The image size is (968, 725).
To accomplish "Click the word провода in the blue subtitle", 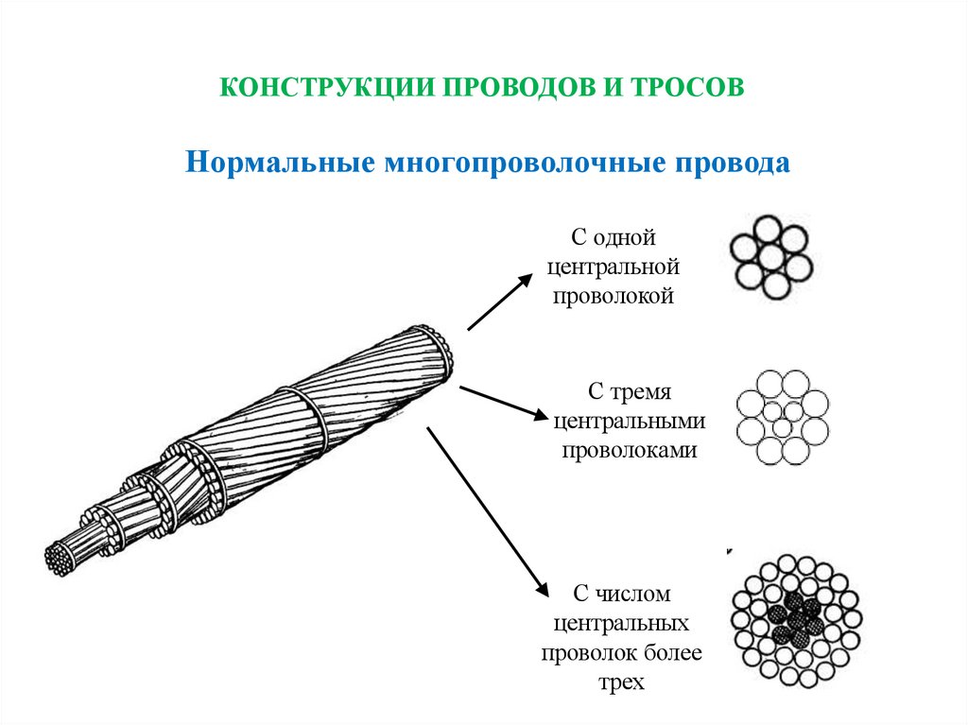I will point(730,163).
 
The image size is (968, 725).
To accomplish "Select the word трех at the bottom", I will point(621,682).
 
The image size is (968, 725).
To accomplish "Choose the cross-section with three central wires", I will point(782,416).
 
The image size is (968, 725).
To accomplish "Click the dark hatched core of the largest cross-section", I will point(795,618).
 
